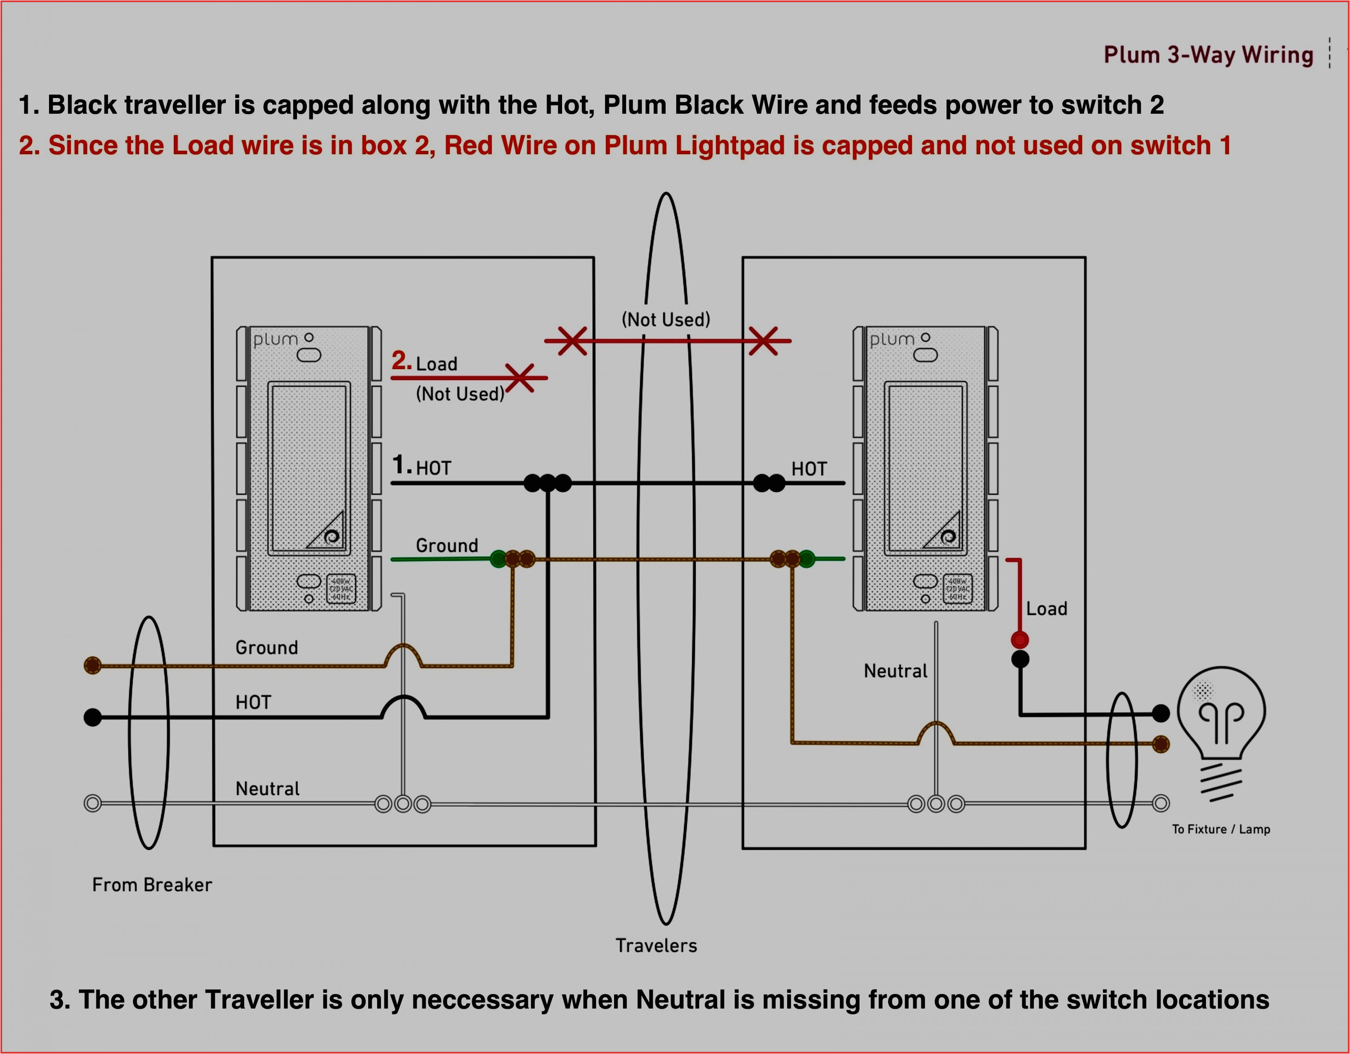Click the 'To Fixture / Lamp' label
(x=1221, y=829)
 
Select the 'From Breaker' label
(x=152, y=885)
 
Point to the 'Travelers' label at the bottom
(x=656, y=945)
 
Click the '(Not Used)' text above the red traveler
(x=666, y=320)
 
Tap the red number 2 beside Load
(x=401, y=361)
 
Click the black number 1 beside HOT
(x=401, y=465)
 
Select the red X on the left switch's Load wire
(x=519, y=378)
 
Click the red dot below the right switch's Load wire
(x=1019, y=639)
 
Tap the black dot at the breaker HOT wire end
(x=93, y=717)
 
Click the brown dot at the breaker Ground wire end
(x=93, y=665)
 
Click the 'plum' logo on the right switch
(x=892, y=339)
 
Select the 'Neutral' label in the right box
(x=895, y=671)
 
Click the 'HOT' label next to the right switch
(x=808, y=469)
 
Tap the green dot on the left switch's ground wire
(x=498, y=560)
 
